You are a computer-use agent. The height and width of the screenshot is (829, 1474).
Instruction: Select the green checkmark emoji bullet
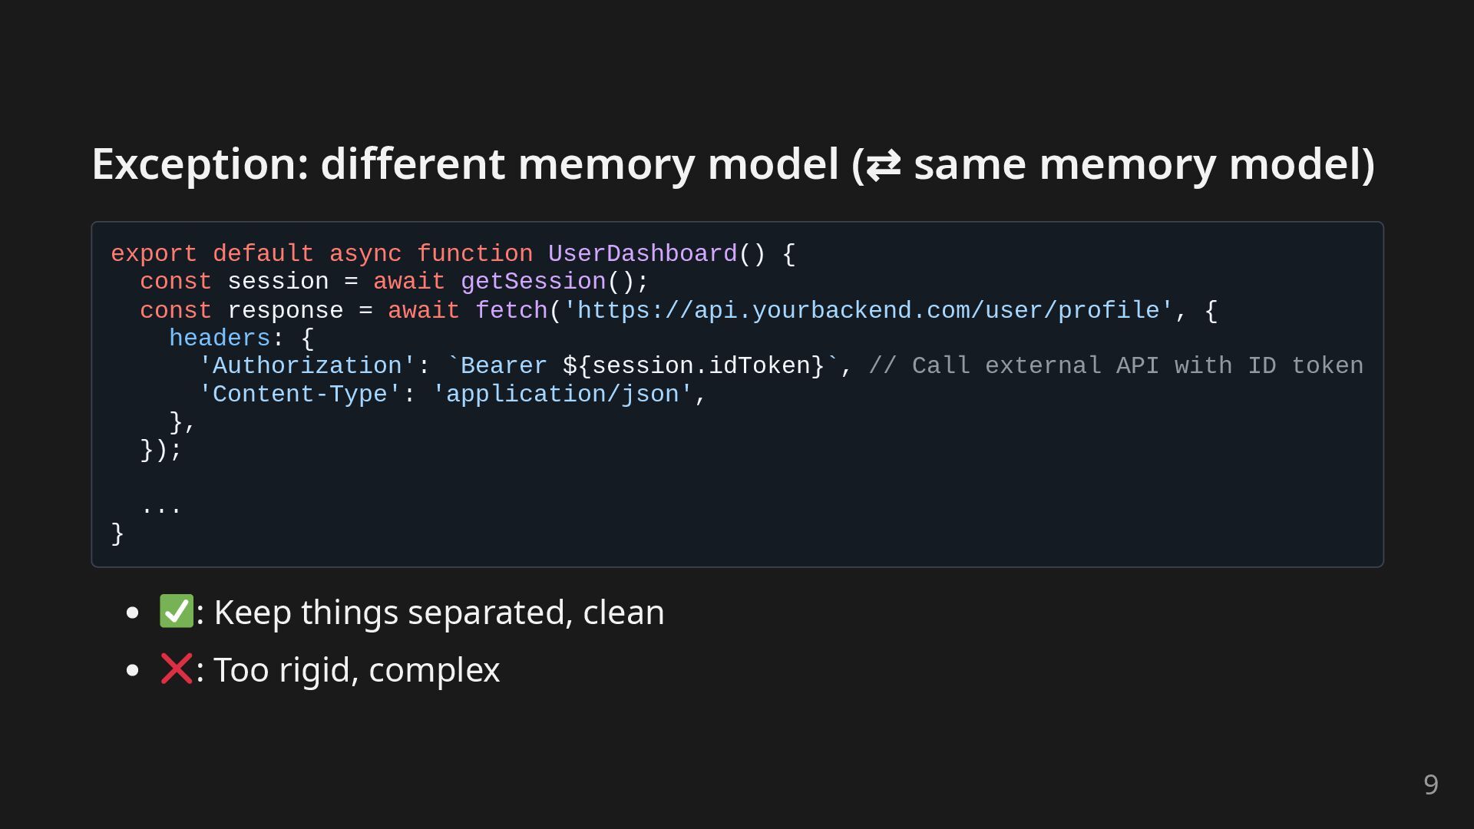(176, 612)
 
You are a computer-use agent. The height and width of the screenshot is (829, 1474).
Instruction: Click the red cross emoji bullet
(176, 669)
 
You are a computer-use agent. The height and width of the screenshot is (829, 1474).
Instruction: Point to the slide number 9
(1430, 784)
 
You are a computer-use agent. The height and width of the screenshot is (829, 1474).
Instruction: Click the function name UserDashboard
(642, 254)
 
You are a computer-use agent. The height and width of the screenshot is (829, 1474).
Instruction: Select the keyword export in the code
(154, 254)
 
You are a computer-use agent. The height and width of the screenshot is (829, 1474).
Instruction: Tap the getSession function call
(533, 282)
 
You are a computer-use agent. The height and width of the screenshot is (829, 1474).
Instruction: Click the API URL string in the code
(868, 311)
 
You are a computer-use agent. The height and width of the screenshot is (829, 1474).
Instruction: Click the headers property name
(220, 339)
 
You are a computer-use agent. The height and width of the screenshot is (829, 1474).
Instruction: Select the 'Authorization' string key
(307, 366)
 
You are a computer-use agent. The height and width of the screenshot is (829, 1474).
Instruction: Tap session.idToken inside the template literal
(700, 366)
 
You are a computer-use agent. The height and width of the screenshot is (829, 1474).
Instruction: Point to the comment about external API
(1115, 366)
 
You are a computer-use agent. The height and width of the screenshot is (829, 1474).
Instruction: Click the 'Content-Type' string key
(299, 395)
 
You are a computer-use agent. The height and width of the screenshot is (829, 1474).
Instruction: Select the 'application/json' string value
(562, 395)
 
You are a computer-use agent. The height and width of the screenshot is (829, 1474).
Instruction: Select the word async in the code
(365, 254)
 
